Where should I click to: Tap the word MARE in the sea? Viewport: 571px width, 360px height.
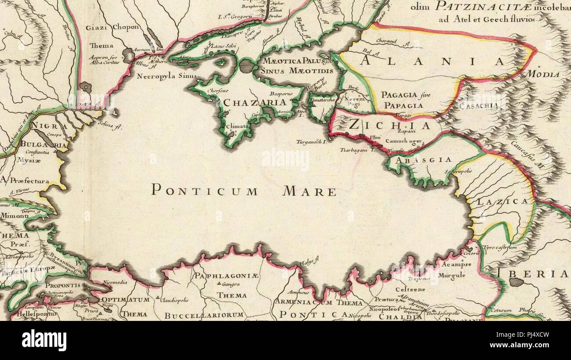[309, 191]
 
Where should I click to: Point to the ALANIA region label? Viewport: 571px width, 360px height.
[433, 61]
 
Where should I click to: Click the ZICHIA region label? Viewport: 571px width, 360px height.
[390, 126]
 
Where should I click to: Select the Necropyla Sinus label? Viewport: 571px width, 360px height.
[166, 76]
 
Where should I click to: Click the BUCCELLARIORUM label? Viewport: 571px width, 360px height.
[204, 315]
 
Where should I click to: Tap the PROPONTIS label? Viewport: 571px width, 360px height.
[63, 285]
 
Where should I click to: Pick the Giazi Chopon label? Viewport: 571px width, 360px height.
[112, 27]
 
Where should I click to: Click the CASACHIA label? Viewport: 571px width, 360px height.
[479, 106]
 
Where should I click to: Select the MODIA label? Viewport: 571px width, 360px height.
[544, 74]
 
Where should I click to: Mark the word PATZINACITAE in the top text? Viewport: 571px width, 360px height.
[481, 6]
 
